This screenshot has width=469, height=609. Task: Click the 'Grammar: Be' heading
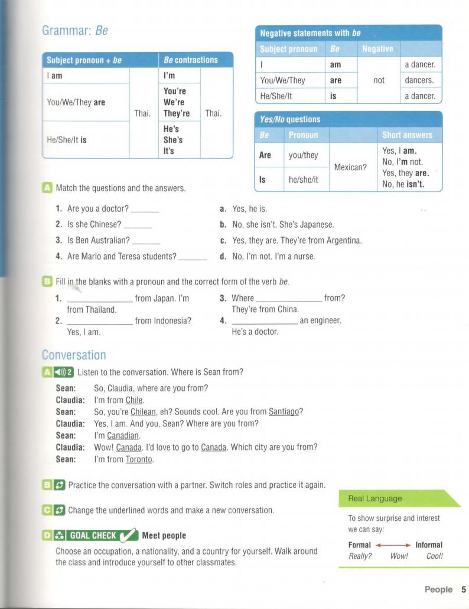click(75, 31)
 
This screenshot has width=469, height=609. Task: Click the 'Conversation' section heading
click(74, 355)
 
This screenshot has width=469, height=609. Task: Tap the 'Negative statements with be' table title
click(310, 33)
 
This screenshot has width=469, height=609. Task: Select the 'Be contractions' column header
click(191, 60)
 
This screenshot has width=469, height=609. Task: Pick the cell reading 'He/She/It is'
click(66, 140)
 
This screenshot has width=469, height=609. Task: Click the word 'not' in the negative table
click(379, 80)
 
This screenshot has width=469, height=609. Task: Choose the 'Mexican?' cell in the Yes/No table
click(350, 167)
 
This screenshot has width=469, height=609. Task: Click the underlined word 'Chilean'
click(143, 412)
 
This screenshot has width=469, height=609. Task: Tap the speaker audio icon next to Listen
click(61, 372)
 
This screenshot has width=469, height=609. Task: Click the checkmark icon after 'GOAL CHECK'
click(129, 536)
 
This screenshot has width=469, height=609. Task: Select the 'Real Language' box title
click(374, 498)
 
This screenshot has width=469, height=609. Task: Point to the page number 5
click(464, 589)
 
